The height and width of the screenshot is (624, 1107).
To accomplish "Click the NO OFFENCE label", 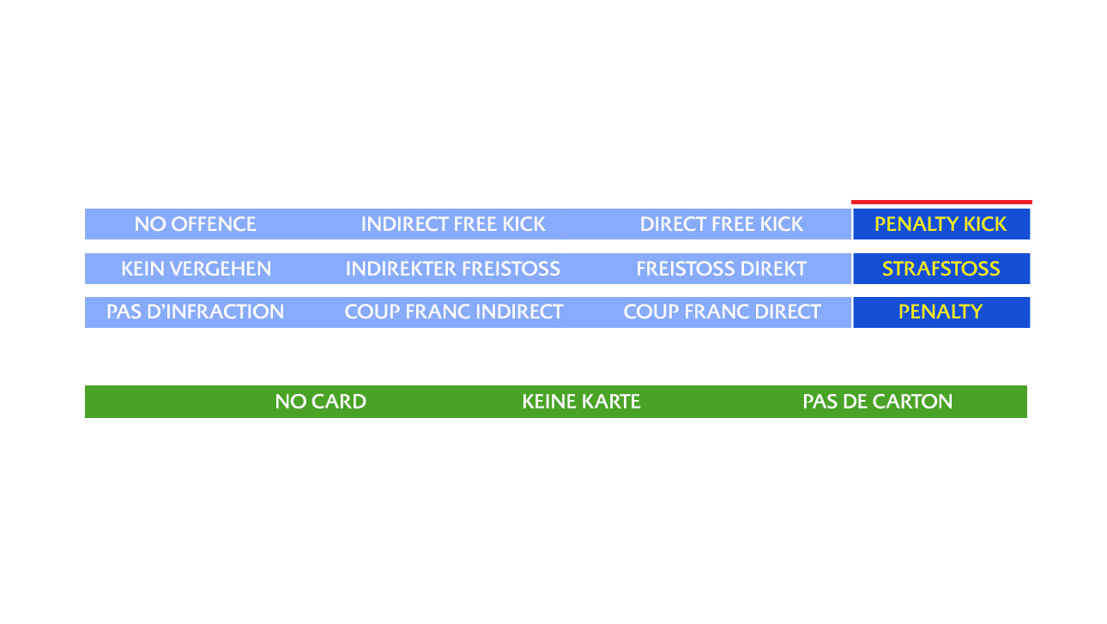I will point(195,224).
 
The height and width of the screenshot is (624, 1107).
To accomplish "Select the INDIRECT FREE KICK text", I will point(452,224).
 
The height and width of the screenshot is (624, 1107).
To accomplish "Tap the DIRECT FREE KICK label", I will point(721,224).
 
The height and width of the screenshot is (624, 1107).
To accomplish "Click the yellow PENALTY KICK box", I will point(941,224).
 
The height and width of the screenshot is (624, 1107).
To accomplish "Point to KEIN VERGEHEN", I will point(196,269).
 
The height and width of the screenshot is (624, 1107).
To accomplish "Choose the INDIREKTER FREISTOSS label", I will point(452,269).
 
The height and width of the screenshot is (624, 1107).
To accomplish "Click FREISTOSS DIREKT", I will point(721,269).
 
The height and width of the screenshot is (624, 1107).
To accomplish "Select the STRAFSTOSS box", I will point(941,269).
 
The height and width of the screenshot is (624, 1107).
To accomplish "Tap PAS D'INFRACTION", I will point(195,312).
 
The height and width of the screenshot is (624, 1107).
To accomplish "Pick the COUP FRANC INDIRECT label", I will point(453,312).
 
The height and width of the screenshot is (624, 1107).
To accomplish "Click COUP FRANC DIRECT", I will point(722,312).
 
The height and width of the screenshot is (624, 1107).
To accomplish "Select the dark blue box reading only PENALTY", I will point(941,312).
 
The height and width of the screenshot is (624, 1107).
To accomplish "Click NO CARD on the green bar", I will point(320,402).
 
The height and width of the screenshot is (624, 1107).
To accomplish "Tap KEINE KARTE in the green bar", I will point(581,402).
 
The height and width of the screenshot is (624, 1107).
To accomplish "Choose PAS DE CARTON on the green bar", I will point(877,402).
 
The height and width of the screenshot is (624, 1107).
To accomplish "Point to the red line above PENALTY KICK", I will point(941,203).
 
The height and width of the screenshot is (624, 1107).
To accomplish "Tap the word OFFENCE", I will point(214,224).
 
